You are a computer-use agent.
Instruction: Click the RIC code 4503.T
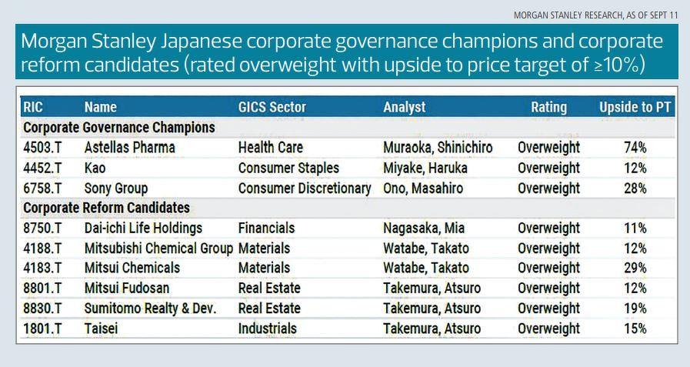pos(43,147)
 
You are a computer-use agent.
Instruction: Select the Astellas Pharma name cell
pos(129,147)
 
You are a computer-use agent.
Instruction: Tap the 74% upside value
pos(635,147)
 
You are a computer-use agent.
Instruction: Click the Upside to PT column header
pos(635,107)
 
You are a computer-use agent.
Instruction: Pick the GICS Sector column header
pos(272,107)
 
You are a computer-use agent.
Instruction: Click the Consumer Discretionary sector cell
pos(305,188)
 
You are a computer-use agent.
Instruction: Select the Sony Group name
pos(115,188)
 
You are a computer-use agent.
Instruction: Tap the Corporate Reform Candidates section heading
pos(106,208)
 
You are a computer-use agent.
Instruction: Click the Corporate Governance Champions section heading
pos(119,127)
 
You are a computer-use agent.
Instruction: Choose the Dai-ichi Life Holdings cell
pos(143,228)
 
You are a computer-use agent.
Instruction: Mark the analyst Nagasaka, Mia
pos(424,228)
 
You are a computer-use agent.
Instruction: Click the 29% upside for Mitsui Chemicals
pos(635,268)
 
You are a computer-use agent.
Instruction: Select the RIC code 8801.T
pos(43,288)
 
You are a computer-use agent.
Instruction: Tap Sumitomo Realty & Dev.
pos(150,308)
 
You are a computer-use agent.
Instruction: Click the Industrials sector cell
pos(267,328)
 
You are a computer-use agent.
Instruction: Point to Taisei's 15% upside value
pos(635,328)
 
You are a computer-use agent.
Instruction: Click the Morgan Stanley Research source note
pos(585,15)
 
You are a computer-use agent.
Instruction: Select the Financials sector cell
pos(266,228)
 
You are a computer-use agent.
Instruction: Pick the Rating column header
pos(548,107)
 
